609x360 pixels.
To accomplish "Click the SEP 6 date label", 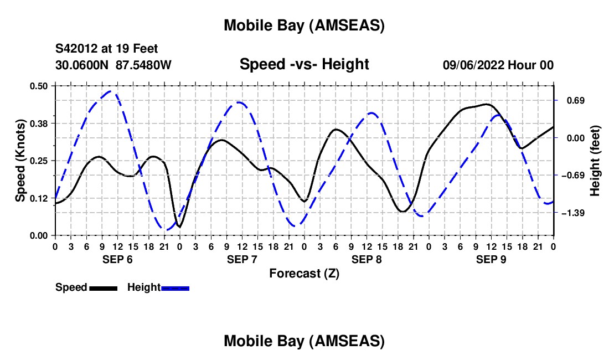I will (117, 259).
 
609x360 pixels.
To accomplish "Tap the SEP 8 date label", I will (367, 259).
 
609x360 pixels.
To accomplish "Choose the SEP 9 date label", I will (491, 259).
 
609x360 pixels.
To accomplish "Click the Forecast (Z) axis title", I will (304, 273).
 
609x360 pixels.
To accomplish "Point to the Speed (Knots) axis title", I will (20, 160).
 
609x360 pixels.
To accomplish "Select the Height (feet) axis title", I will (595, 160).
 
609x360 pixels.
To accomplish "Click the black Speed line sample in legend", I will (103, 288).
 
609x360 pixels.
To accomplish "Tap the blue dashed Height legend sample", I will (175, 288).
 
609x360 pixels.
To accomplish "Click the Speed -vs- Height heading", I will (304, 64).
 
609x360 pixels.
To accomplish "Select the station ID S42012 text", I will (77, 49).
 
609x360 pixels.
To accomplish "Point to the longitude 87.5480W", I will (143, 65).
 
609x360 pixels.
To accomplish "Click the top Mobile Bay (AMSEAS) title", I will (304, 25).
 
